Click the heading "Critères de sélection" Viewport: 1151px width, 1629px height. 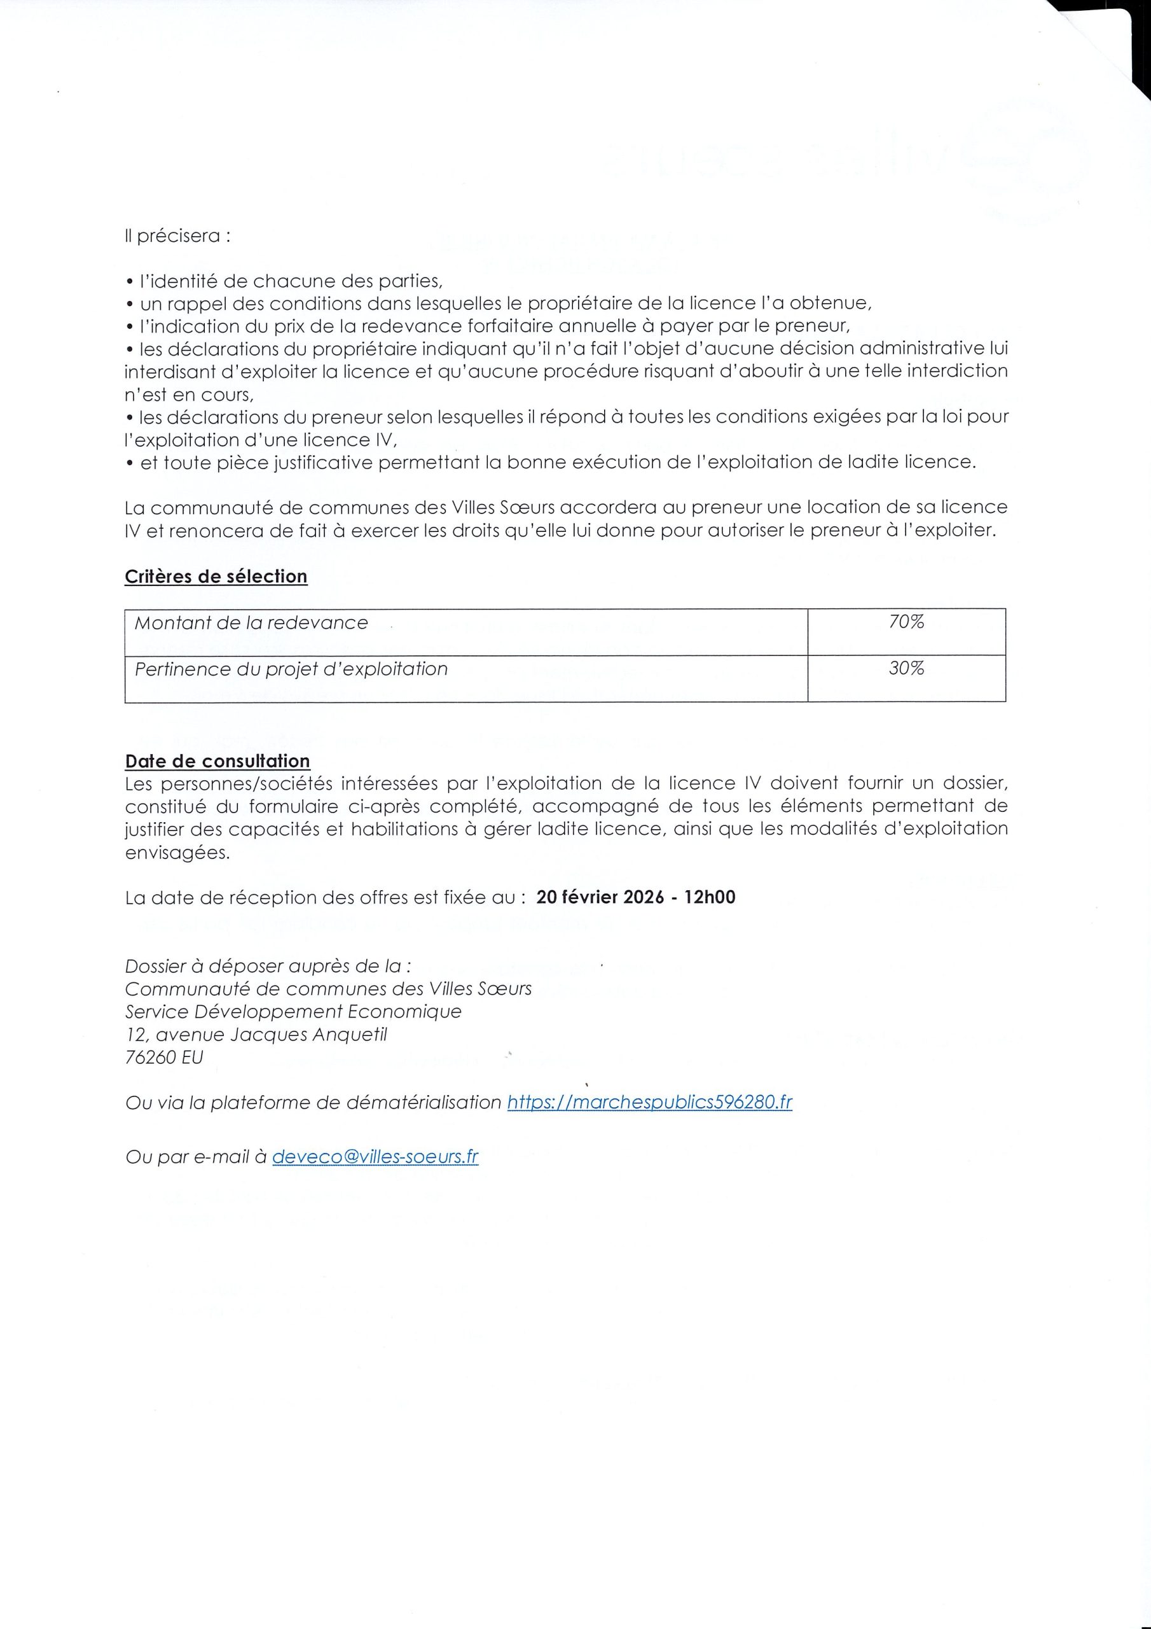tap(216, 576)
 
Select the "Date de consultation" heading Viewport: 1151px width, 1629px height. tap(217, 760)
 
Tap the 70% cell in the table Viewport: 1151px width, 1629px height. tap(906, 622)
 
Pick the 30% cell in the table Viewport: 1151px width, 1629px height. tap(906, 668)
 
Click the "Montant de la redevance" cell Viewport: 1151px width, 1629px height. tap(251, 623)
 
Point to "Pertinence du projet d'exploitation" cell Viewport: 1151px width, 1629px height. tap(291, 669)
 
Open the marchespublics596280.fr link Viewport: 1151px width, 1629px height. tap(650, 1102)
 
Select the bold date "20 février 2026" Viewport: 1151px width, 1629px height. tap(600, 897)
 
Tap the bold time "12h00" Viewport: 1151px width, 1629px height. tap(710, 897)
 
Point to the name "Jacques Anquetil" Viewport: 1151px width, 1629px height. tap(308, 1035)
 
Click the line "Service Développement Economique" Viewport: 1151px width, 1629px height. tap(293, 1011)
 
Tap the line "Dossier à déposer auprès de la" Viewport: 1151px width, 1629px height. tap(267, 965)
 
